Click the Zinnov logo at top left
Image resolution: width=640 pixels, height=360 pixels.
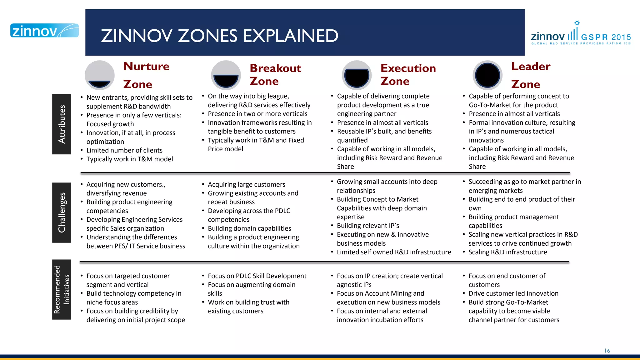click(x=44, y=31)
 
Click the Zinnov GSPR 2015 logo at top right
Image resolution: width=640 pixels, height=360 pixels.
click(x=581, y=34)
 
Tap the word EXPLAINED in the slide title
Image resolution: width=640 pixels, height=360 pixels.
click(x=291, y=36)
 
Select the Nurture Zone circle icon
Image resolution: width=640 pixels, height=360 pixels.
click(x=100, y=75)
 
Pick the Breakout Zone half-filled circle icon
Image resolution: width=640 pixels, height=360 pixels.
click(x=226, y=75)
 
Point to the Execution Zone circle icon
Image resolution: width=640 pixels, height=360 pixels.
click(x=357, y=75)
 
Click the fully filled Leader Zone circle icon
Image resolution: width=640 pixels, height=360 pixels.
click(x=487, y=75)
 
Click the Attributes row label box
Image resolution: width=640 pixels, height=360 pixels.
click(x=62, y=124)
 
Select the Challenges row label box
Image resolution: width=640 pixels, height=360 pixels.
click(x=62, y=212)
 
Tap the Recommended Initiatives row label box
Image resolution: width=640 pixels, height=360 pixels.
click(x=62, y=289)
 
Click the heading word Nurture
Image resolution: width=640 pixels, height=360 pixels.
click(x=146, y=66)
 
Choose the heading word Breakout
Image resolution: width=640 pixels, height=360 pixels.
click(x=275, y=68)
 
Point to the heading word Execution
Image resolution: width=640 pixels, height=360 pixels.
click(x=408, y=68)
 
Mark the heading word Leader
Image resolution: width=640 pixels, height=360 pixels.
click(x=531, y=66)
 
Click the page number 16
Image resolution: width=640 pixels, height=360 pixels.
click(x=607, y=351)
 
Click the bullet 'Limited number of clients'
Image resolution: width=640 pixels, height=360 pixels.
click(x=124, y=150)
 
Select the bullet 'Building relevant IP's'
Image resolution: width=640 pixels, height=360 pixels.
click(x=368, y=226)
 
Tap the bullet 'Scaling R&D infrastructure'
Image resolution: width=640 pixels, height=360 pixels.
click(x=507, y=252)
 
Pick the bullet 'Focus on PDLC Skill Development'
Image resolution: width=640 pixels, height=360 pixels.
click(x=257, y=276)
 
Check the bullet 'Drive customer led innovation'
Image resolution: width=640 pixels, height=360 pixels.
click(x=513, y=293)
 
